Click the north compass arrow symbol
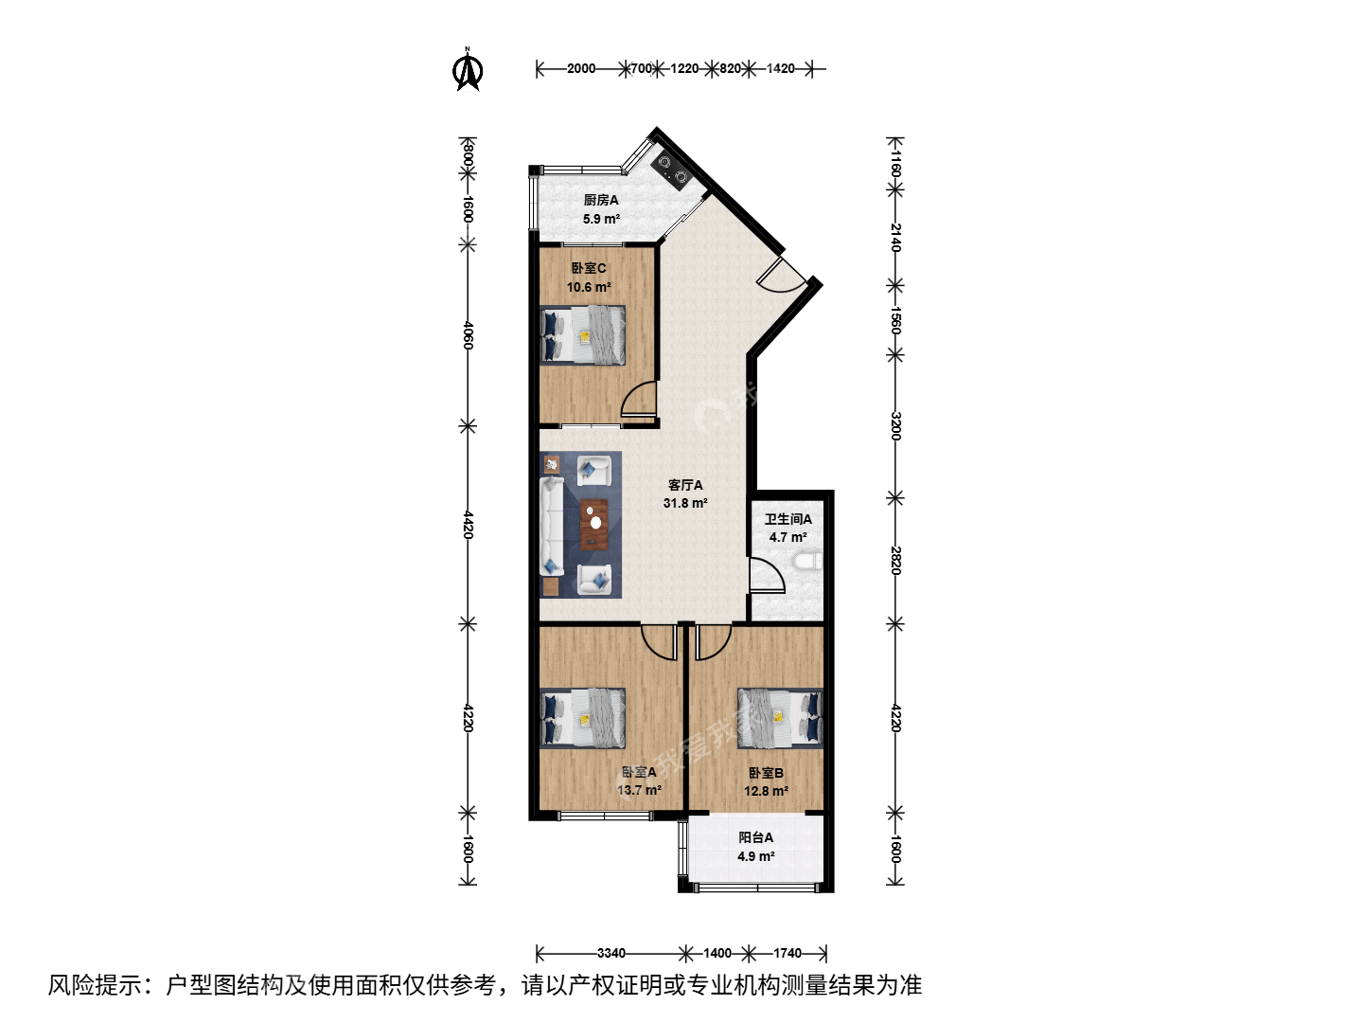click(x=468, y=69)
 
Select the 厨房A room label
click(x=600, y=200)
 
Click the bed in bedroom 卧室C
click(x=582, y=334)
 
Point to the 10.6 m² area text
click(x=589, y=287)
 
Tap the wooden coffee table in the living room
click(x=594, y=525)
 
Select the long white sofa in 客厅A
click(x=552, y=526)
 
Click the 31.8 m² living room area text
click(x=685, y=503)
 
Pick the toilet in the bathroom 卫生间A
click(x=808, y=562)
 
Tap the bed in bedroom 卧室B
click(x=780, y=717)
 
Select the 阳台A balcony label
click(x=755, y=838)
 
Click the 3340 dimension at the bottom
click(x=611, y=953)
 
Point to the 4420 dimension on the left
click(x=469, y=525)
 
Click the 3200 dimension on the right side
click(x=894, y=426)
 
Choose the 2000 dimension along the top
click(x=580, y=68)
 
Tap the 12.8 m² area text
click(x=767, y=791)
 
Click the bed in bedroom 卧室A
click(x=582, y=717)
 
